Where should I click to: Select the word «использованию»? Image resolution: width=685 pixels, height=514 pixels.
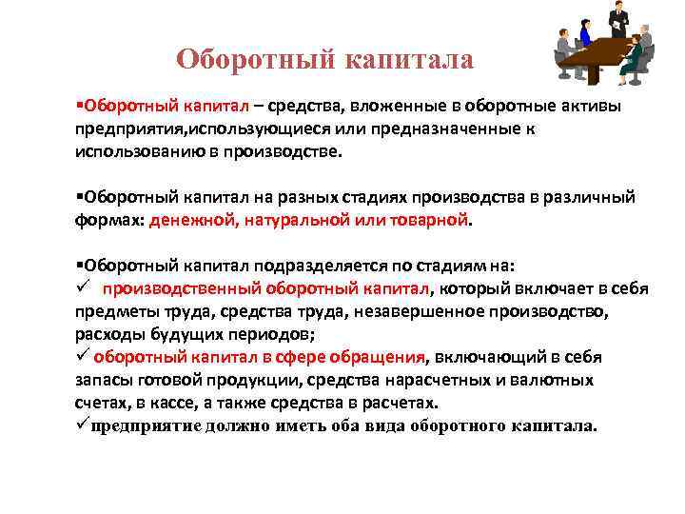pyautogui.click(x=128, y=149)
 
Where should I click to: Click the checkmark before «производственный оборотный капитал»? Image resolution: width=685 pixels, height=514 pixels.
pyautogui.click(x=83, y=288)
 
